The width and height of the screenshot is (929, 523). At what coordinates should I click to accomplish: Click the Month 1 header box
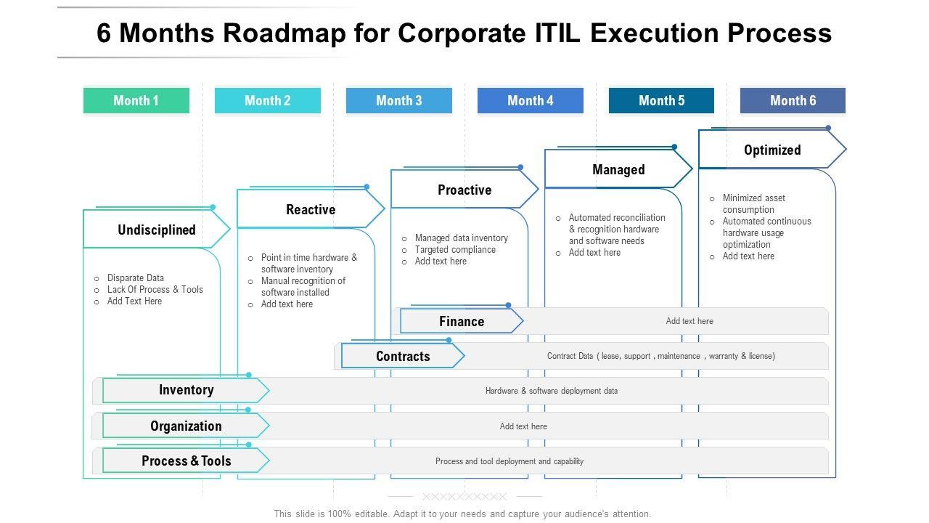(x=136, y=101)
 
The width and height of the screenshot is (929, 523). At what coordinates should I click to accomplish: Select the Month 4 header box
(x=530, y=101)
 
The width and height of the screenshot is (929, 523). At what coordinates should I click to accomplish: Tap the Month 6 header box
(x=793, y=101)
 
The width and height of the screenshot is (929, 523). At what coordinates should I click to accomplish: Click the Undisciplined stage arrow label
(x=157, y=230)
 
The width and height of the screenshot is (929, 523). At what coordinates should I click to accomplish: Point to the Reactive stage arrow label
(x=311, y=210)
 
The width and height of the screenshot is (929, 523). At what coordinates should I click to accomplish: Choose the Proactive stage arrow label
(x=464, y=190)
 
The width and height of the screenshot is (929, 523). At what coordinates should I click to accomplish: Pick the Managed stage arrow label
(x=618, y=170)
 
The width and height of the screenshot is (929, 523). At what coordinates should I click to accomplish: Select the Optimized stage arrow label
(x=772, y=150)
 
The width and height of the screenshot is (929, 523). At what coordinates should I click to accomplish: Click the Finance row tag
(x=462, y=321)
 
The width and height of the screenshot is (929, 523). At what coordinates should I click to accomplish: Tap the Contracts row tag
(x=403, y=356)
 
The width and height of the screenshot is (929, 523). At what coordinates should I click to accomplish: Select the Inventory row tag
(x=186, y=390)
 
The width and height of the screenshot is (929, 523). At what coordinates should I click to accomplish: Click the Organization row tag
(x=186, y=426)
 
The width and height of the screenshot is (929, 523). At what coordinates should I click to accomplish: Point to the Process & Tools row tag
(x=186, y=461)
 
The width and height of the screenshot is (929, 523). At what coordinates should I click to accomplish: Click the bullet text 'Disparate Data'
(x=136, y=277)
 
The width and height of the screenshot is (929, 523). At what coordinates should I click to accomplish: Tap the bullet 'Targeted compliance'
(x=455, y=250)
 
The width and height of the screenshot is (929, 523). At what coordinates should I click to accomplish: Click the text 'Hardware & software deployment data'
(x=552, y=391)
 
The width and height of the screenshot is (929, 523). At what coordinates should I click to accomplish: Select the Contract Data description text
(x=660, y=356)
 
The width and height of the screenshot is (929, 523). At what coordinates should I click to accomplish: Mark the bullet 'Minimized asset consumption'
(x=753, y=203)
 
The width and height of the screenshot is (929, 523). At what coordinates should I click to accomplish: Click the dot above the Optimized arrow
(x=828, y=128)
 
